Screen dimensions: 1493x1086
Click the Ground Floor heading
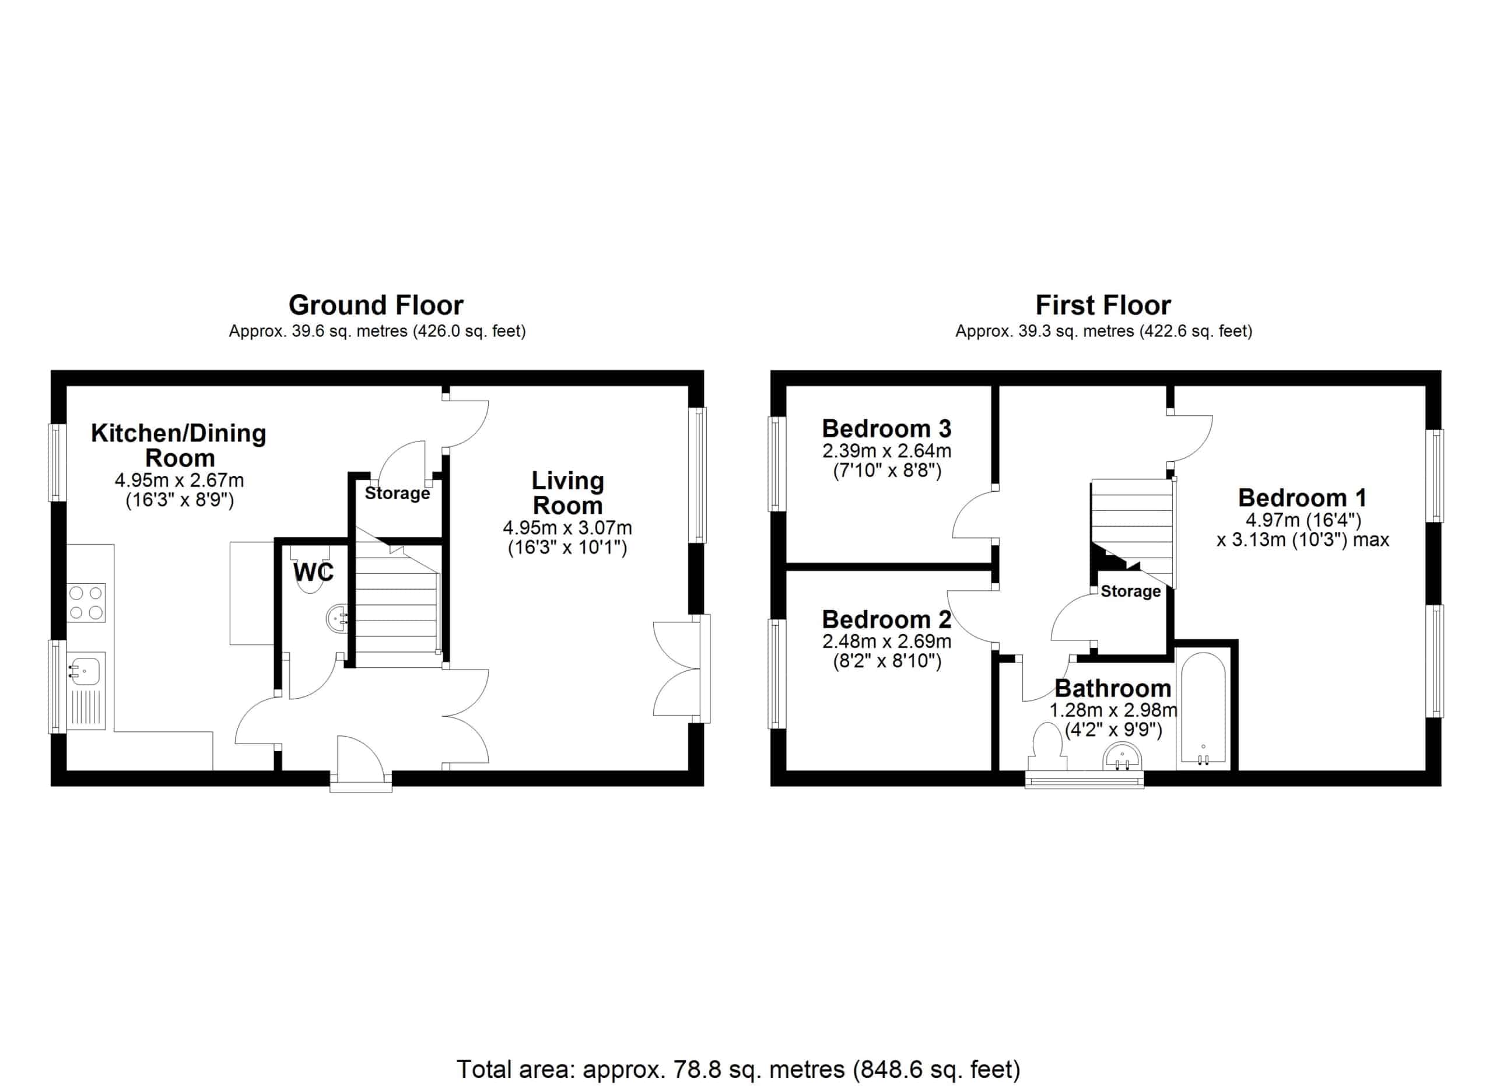click(x=376, y=306)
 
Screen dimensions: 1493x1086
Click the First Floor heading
click(x=1103, y=306)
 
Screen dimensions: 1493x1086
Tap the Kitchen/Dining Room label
click(x=179, y=445)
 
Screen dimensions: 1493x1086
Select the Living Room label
click(x=567, y=493)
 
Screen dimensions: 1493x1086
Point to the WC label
click(x=314, y=572)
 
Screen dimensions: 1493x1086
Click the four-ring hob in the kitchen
click(x=86, y=603)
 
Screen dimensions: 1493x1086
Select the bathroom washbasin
click(x=1123, y=756)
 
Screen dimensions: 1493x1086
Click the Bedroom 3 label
click(x=886, y=429)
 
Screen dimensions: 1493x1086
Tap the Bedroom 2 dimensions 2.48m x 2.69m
click(x=886, y=640)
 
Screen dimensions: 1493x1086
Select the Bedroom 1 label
click(x=1302, y=498)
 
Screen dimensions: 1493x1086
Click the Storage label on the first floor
click(x=1130, y=591)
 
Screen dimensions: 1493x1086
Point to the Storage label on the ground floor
click(x=397, y=493)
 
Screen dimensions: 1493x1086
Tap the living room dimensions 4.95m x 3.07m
click(x=567, y=528)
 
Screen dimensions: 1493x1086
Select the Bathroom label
click(x=1113, y=688)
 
